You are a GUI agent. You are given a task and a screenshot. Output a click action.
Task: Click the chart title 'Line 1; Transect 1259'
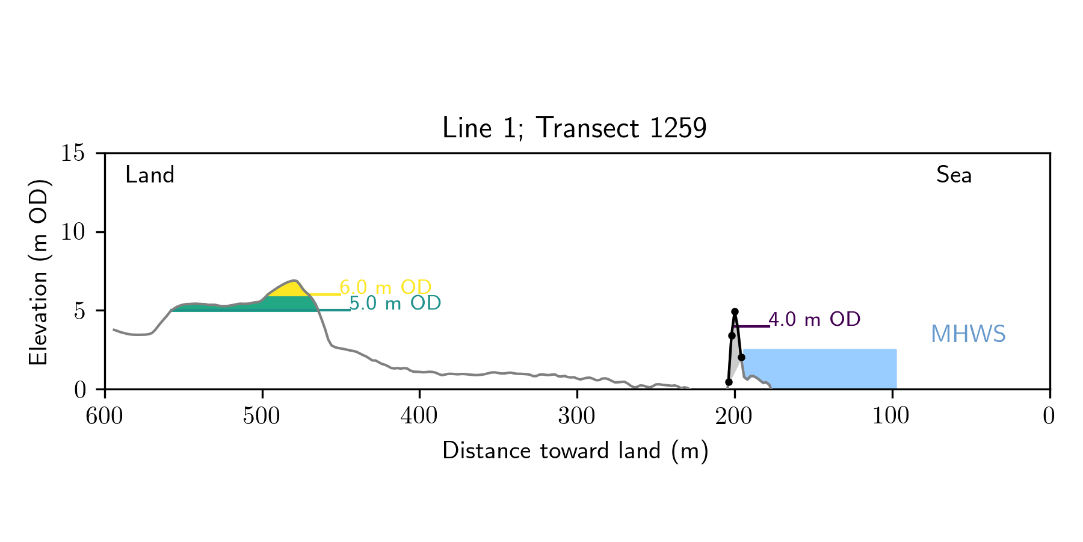tap(574, 128)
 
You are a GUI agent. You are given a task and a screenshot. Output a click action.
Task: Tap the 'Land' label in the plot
tap(150, 175)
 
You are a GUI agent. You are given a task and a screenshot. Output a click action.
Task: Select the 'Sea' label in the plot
tap(954, 175)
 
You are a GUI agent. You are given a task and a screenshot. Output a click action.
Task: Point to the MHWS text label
tap(968, 334)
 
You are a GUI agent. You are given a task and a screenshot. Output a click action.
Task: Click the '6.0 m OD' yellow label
tap(386, 287)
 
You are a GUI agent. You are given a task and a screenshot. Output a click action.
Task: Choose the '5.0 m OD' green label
tap(395, 304)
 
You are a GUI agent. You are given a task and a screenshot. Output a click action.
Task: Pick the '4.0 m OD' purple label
tap(815, 320)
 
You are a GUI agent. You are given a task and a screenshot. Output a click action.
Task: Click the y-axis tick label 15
tap(73, 154)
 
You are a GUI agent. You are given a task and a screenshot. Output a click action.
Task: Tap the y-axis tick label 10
tap(73, 232)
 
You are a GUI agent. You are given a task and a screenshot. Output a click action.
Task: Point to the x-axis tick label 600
tap(105, 416)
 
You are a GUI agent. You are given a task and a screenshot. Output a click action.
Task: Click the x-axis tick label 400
tap(419, 416)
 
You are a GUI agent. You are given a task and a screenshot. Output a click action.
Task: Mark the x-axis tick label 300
tap(577, 416)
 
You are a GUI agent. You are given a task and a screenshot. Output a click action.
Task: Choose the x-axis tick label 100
tap(892, 416)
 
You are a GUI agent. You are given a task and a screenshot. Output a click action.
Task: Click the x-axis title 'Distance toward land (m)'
tap(575, 451)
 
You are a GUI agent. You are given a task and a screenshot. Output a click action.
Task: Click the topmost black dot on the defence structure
tap(735, 312)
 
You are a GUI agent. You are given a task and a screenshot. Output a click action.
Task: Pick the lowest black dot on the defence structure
tap(729, 382)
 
